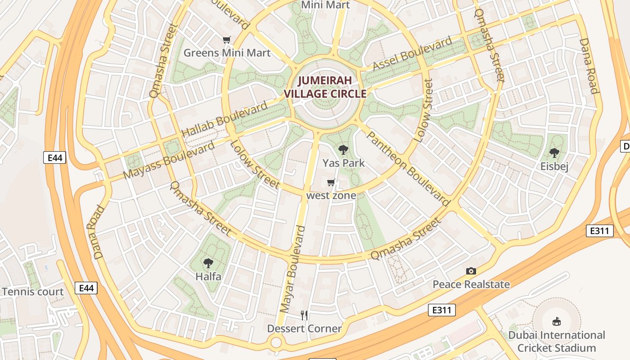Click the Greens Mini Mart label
227,53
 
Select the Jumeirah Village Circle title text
325,87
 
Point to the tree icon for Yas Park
343,150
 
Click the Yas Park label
343,163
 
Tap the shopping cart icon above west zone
331,183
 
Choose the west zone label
331,195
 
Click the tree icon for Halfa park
208,263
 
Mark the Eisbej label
554,166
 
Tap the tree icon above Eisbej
554,153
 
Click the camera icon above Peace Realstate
471,271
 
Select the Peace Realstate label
471,284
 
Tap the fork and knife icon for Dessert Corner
305,315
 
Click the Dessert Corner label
305,328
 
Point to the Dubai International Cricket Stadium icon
557,321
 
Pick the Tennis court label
33,292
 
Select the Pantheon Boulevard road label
408,168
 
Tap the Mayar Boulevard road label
292,269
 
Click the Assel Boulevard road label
413,54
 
